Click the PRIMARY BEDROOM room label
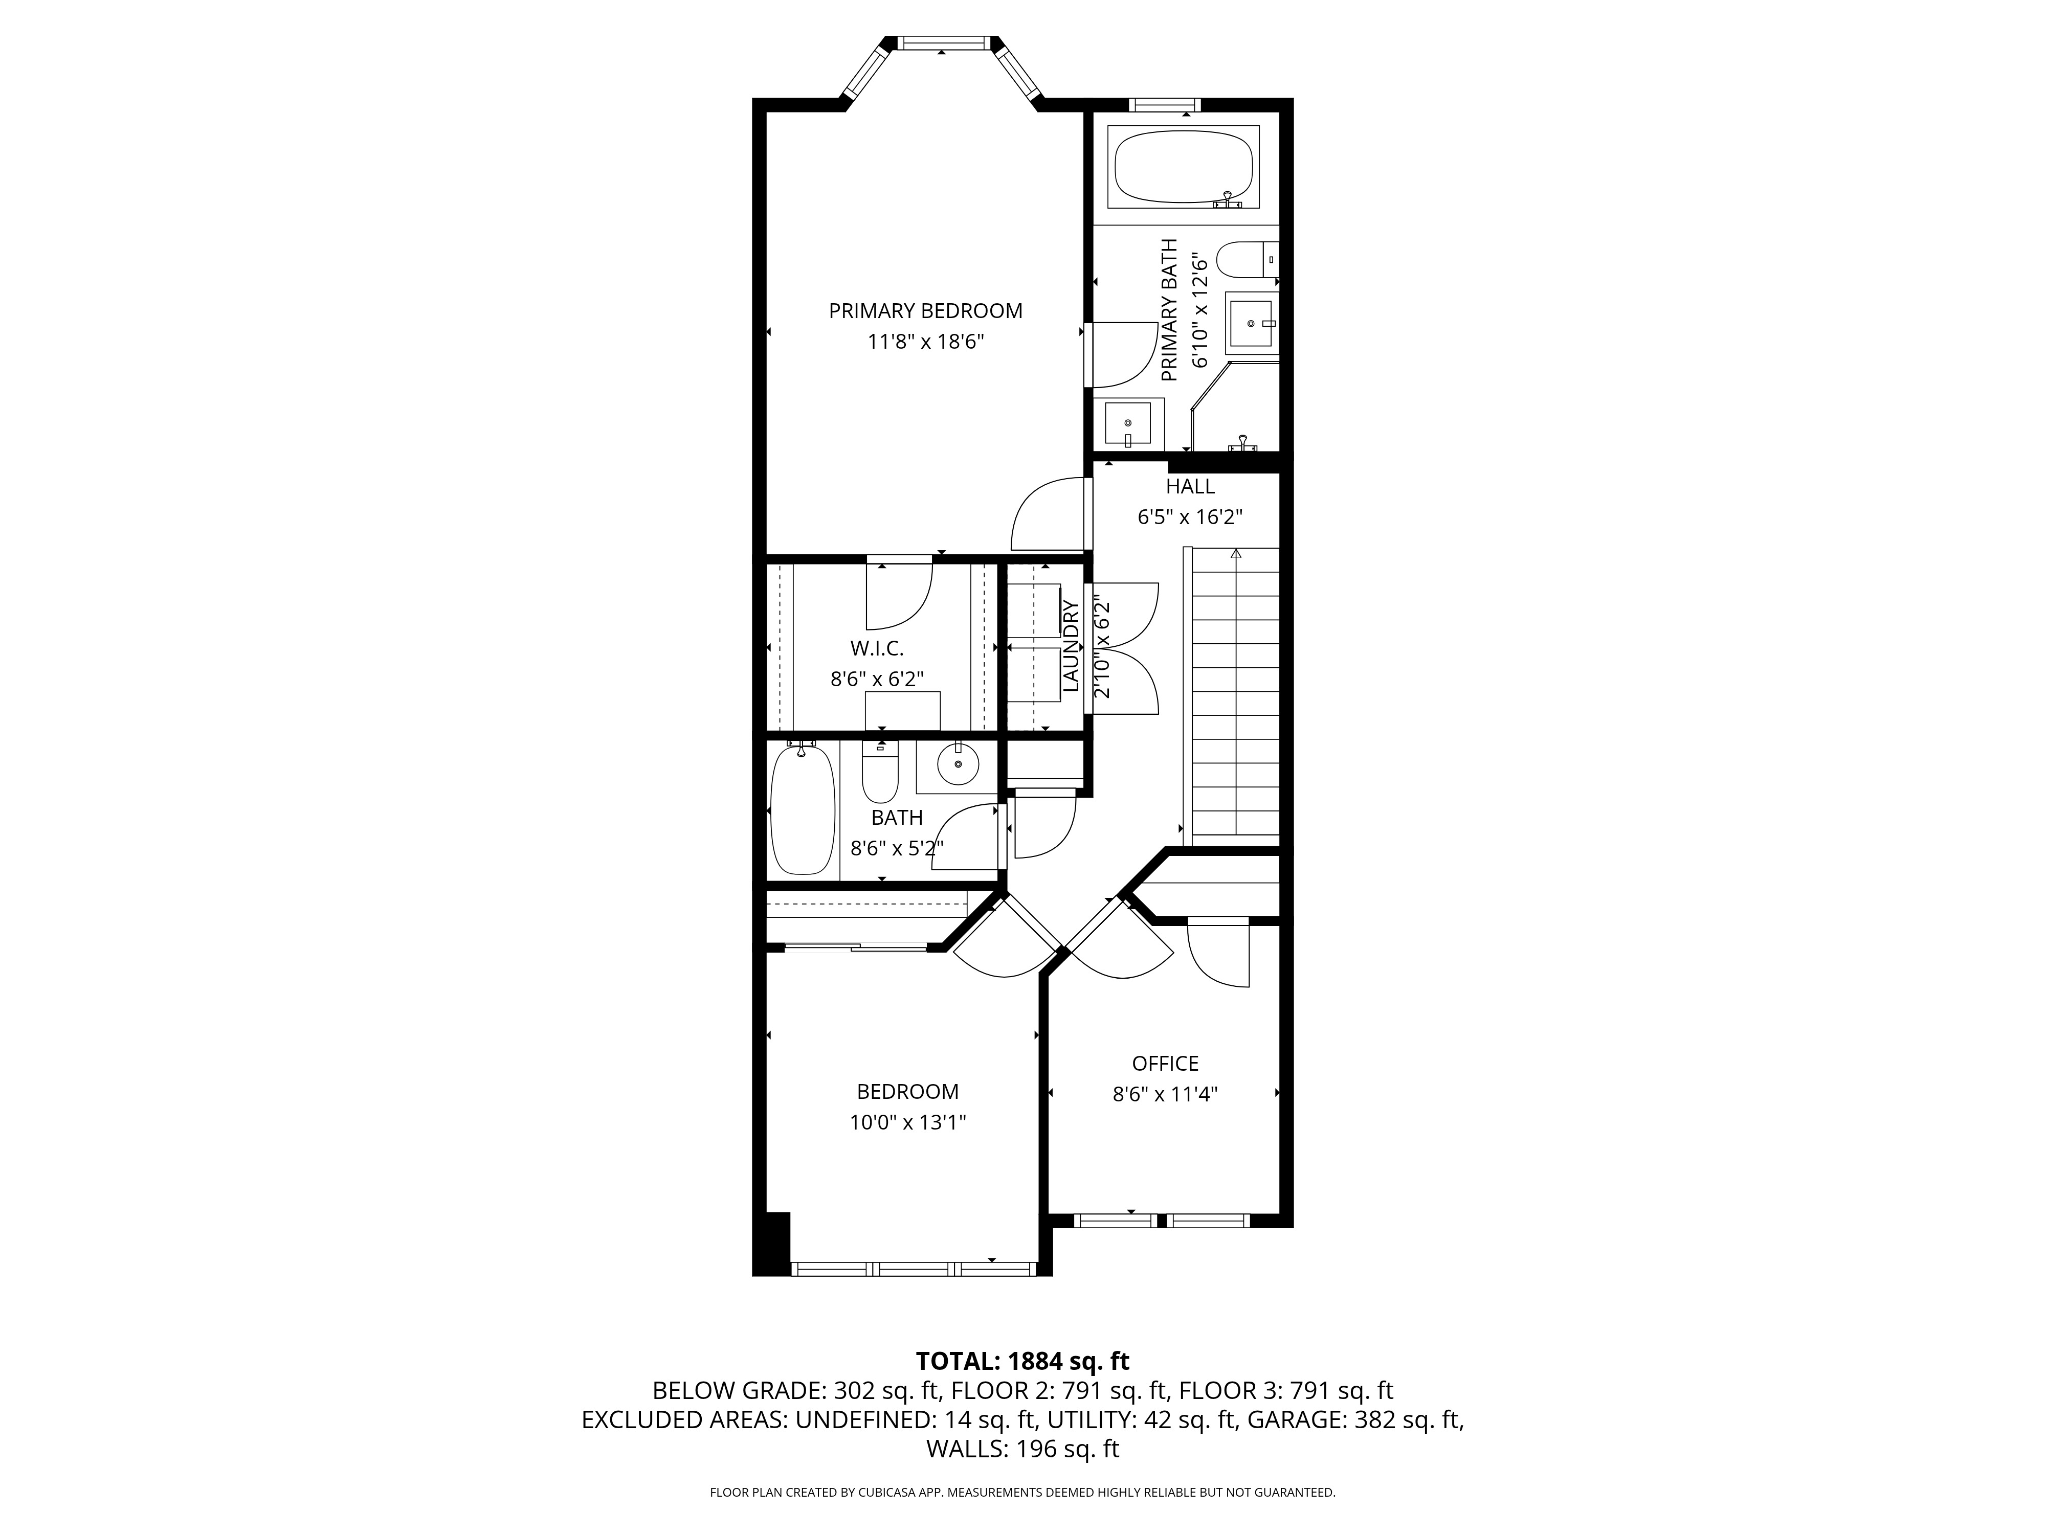pos(925,311)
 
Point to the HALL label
pos(1189,486)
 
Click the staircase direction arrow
pos(1236,555)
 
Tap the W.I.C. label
pos(877,648)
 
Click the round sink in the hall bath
pos(958,764)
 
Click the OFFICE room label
pos(1165,1064)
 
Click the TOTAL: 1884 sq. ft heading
pos(1022,1361)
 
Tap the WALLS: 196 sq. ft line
pos(1022,1449)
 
